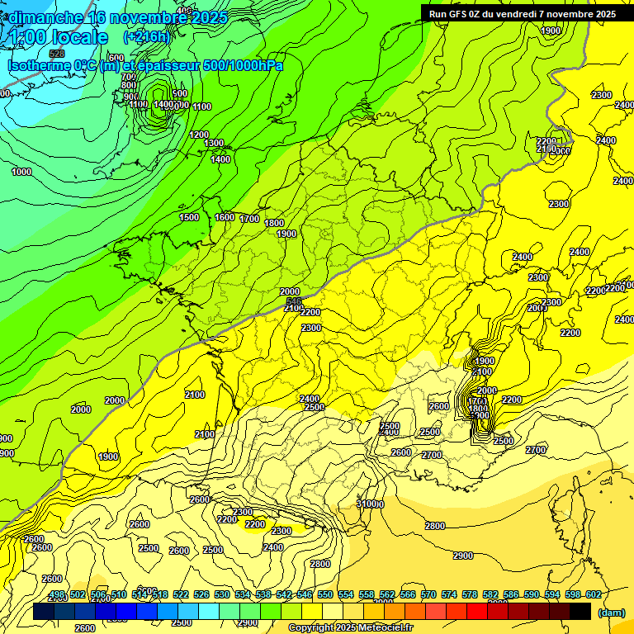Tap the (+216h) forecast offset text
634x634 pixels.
pos(146,37)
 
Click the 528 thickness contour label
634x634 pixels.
pos(56,77)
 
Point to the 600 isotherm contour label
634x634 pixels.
pos(116,58)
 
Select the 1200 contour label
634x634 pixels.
pos(199,135)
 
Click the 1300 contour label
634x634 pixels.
pos(214,144)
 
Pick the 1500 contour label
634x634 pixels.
pos(189,217)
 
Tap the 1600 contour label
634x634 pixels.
pos(225,217)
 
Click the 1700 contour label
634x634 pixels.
pos(249,219)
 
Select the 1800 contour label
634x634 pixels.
pos(274,223)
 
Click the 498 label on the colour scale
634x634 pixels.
pos(56,595)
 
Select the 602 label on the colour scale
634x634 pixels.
pos(594,595)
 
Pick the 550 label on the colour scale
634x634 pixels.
pos(325,595)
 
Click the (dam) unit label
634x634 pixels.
pos(611,612)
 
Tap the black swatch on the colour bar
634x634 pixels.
pos(581,611)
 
